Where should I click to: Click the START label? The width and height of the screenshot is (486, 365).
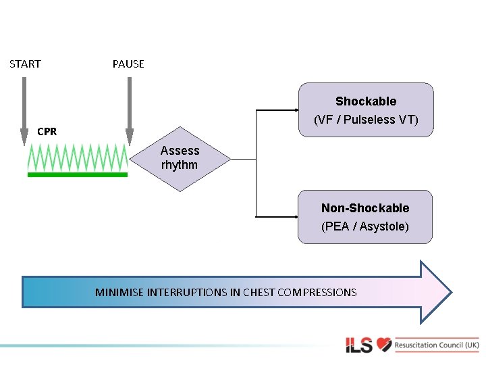[x=25, y=64]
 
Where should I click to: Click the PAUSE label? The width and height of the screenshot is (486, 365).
[x=128, y=64]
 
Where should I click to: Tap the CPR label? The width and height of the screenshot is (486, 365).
[x=47, y=132]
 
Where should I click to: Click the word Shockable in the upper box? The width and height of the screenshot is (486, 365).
[x=365, y=101]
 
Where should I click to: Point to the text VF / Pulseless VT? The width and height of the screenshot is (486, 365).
[x=366, y=120]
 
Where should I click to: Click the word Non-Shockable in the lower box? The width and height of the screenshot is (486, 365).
[x=364, y=208]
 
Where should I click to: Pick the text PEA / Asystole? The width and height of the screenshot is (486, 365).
[x=364, y=226]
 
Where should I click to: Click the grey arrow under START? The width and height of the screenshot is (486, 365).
[x=25, y=108]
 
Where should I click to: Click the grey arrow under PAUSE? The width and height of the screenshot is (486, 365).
[x=129, y=108]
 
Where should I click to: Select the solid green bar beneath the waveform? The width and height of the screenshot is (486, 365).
[x=77, y=174]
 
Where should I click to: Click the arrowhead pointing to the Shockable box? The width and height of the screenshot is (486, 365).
[x=294, y=109]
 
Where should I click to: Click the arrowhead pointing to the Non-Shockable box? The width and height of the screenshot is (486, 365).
[x=294, y=217]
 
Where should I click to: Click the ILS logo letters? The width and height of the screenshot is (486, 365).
[x=358, y=345]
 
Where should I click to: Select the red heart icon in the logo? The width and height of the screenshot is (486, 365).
[x=384, y=345]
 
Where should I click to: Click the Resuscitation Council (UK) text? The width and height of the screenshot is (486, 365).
[x=437, y=345]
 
